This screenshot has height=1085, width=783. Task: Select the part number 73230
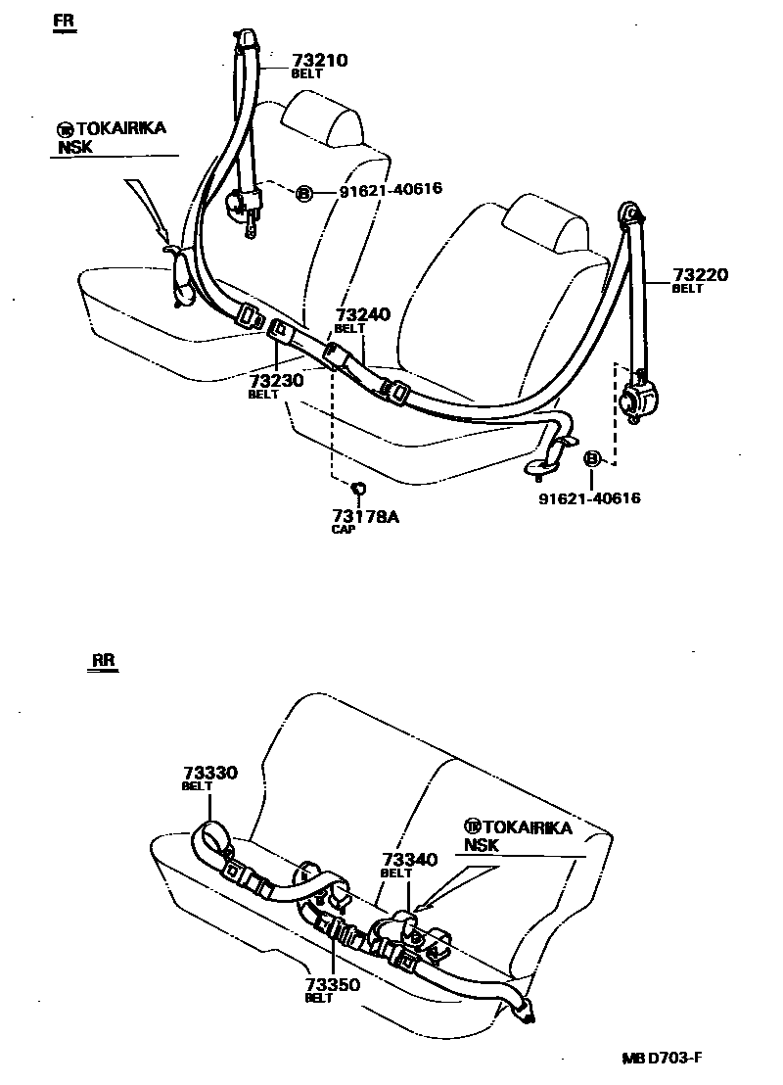point(278,380)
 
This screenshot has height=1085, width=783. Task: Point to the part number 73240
point(362,314)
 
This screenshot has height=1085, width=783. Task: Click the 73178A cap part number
point(365,516)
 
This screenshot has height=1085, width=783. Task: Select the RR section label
point(105,660)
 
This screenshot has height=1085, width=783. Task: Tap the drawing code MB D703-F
point(663,1058)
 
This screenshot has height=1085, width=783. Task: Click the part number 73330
point(209,773)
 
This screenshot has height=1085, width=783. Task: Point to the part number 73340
point(408,859)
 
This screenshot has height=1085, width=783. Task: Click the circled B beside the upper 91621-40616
point(303,194)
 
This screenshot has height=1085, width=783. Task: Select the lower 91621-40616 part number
point(589,498)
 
